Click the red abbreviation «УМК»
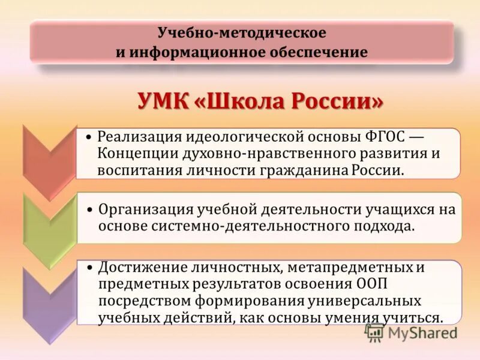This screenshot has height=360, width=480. coord(162,100)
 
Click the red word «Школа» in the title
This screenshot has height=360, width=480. coord(242,100)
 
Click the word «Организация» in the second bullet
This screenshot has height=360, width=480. coord(142,209)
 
